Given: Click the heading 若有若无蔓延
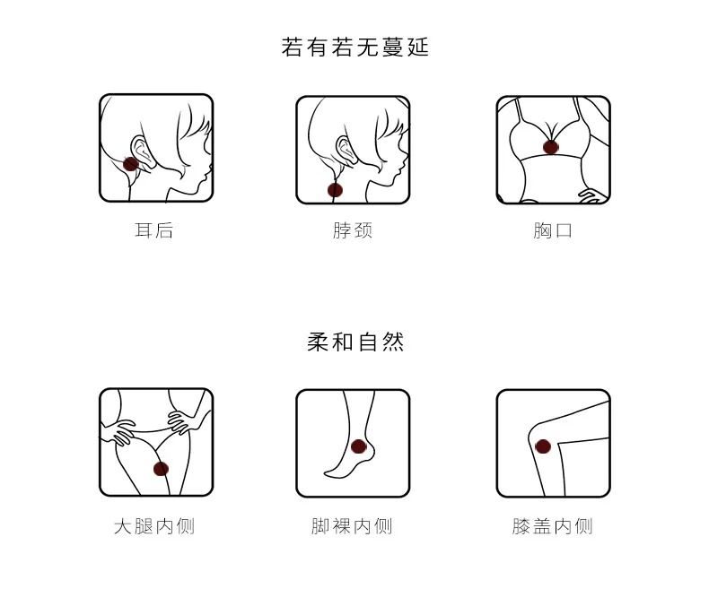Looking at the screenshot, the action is point(355,48).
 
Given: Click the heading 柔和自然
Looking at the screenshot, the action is point(355,342).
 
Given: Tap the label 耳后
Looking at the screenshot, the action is point(153,229).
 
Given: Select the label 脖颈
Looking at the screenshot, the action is point(353,230).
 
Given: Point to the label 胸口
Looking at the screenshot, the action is point(553,230).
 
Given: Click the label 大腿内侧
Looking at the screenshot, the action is point(154,526).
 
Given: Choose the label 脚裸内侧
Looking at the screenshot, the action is point(352,526).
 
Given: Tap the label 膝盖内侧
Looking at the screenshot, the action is point(553,526).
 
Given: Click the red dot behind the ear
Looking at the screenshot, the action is point(131,163).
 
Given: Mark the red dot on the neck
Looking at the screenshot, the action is point(335,190).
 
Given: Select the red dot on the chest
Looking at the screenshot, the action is point(551,147).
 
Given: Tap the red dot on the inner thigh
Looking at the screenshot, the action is point(161,469).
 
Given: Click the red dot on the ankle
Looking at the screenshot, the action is point(359,446).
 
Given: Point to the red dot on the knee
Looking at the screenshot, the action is point(543,447).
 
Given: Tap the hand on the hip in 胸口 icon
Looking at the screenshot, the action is point(591,195).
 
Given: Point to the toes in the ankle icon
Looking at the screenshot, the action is point(329,472).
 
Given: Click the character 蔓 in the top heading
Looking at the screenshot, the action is point(392,48).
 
